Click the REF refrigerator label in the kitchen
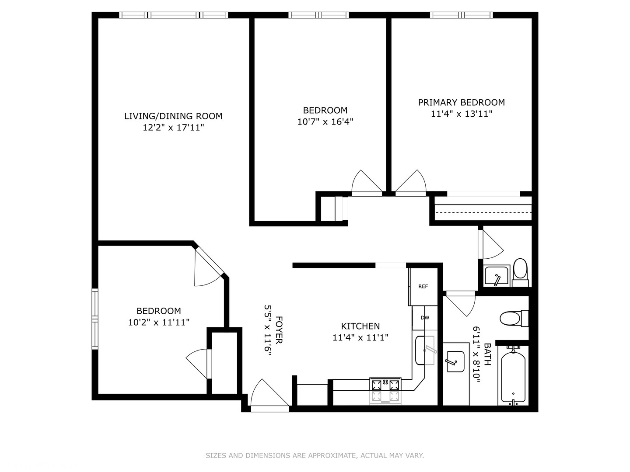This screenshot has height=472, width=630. tap(423, 287)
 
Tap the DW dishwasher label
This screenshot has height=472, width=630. tap(425, 318)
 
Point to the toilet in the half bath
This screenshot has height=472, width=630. tap(520, 270)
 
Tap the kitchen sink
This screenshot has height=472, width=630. tap(425, 350)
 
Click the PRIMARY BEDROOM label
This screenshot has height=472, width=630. tap(461, 103)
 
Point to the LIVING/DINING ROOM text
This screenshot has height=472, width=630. tap(173, 116)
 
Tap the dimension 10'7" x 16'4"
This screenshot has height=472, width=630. tap(325, 122)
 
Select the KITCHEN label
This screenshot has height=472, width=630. tap(360, 326)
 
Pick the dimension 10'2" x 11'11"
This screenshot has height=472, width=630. tap(158, 323)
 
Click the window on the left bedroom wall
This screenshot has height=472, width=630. tap(94, 319)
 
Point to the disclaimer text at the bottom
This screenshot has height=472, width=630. tap(315, 455)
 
